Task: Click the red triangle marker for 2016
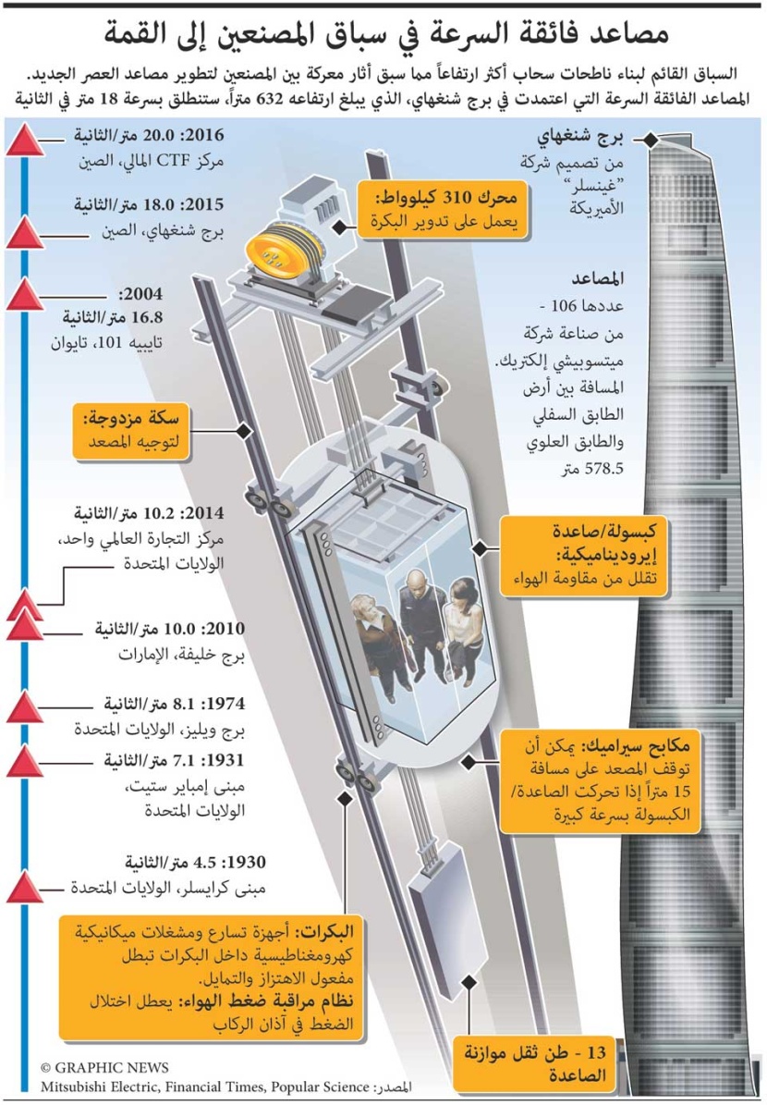(25, 140)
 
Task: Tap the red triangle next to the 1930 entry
(25, 887)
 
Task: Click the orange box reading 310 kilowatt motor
(442, 209)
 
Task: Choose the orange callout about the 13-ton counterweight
(535, 1064)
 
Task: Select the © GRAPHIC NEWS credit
(104, 1068)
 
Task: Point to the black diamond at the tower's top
(651, 140)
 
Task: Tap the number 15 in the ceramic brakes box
(680, 792)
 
